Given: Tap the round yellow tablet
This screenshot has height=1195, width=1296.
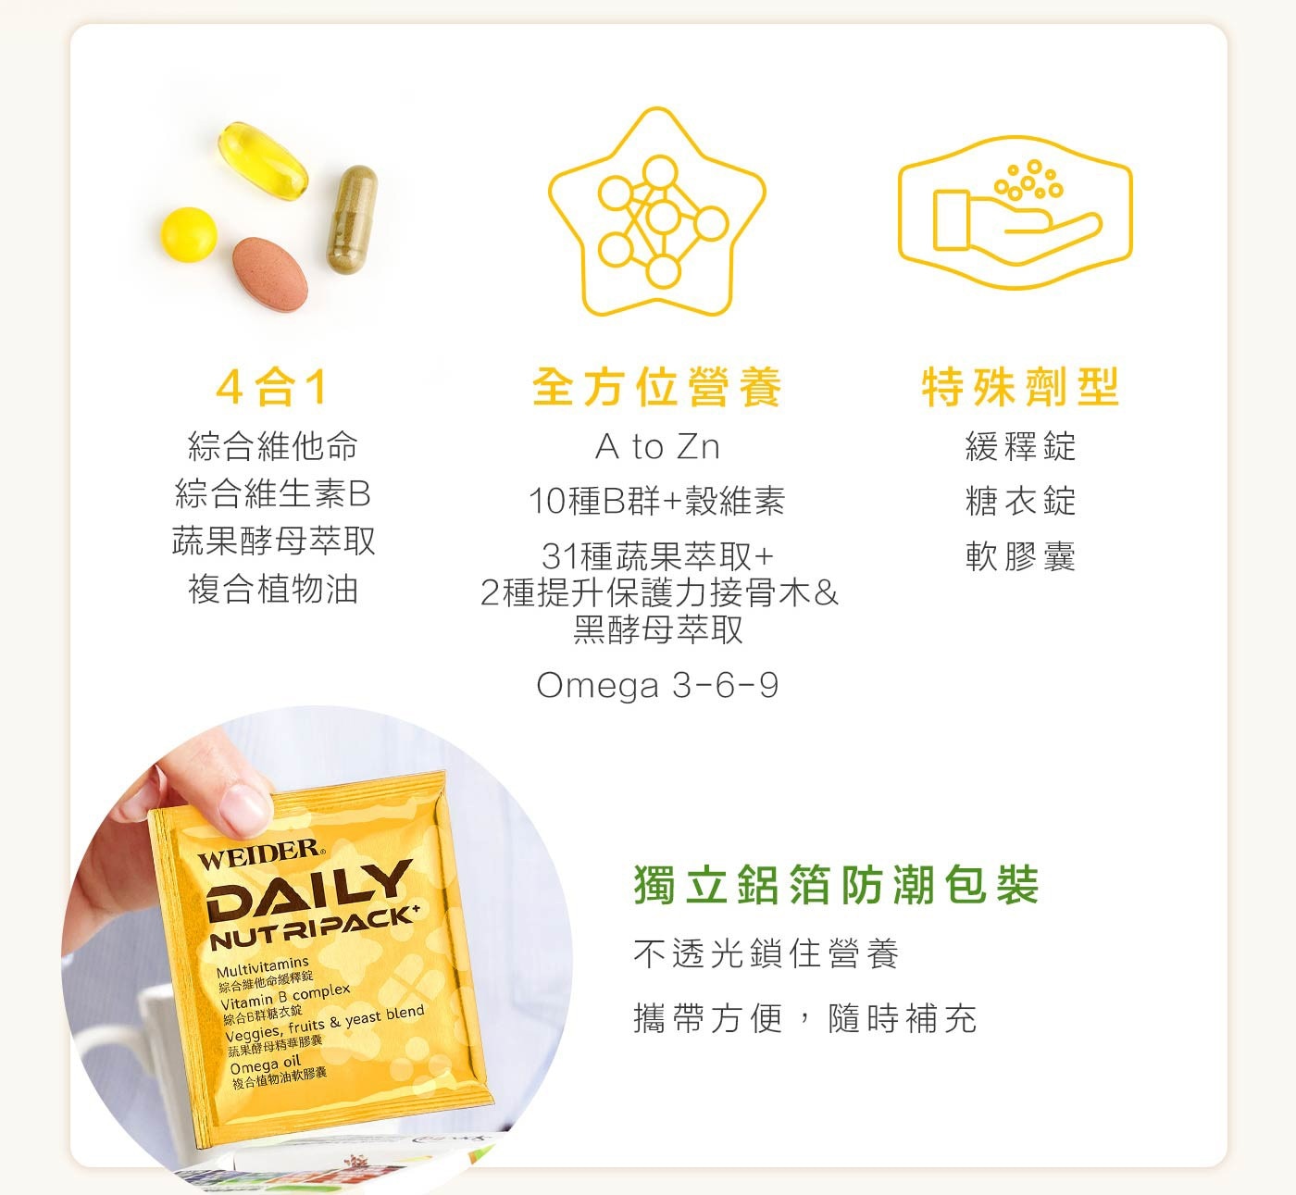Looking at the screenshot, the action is tap(189, 234).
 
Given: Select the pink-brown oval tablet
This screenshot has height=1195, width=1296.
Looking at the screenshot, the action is tap(270, 273).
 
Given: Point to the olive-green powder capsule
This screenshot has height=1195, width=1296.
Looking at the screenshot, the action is tap(352, 219).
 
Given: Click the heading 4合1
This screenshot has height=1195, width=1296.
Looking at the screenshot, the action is tap(272, 387).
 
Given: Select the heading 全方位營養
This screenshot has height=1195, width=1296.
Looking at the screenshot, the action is tap(656, 387).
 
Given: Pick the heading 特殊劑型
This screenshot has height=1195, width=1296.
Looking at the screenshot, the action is tap(1021, 387).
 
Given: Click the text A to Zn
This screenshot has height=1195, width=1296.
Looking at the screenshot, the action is tap(657, 447).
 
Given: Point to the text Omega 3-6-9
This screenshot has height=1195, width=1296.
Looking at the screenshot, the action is tap(657, 685).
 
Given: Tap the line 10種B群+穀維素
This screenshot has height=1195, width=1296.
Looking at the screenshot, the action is tap(657, 502).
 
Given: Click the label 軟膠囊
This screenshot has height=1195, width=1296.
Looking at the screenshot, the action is tap(1021, 556).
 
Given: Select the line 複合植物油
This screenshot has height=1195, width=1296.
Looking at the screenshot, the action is tap(273, 589).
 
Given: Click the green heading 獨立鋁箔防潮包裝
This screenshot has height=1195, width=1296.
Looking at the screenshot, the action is tap(837, 885).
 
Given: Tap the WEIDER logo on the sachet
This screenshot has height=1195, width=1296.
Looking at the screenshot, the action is tap(260, 854).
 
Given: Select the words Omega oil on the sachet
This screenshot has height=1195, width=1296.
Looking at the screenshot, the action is tap(265, 1064).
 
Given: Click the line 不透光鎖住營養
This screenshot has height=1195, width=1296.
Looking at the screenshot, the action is tap(766, 953).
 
